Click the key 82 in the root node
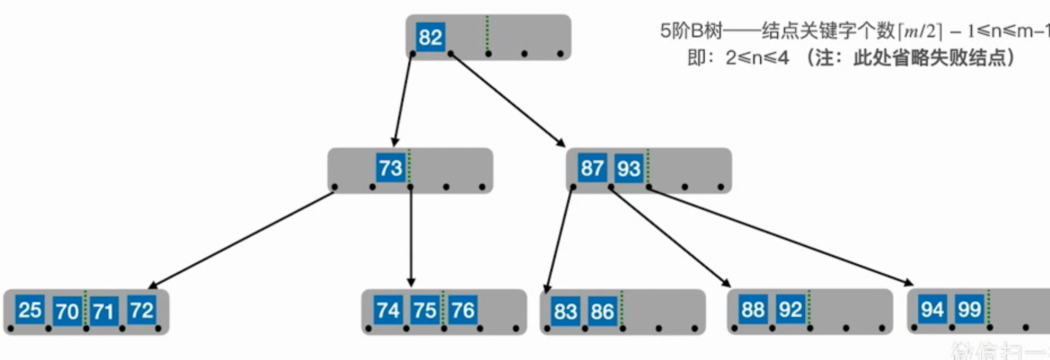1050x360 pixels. [x=430, y=37]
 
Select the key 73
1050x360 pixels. [x=390, y=167]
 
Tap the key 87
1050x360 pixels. [x=591, y=167]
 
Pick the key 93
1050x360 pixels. [x=628, y=168]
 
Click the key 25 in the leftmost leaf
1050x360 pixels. [x=30, y=309]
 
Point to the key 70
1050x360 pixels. [x=67, y=311]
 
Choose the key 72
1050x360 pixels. [x=141, y=310]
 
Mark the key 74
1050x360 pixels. [x=388, y=310]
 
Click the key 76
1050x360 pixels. [x=462, y=310]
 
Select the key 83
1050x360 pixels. [x=565, y=311]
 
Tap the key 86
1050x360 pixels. [x=602, y=311]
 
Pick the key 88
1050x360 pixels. [x=753, y=309]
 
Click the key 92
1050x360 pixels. [x=790, y=309]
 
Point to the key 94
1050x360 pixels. [x=932, y=309]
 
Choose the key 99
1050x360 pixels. [x=969, y=309]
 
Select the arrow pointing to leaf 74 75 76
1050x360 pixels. [x=411, y=236]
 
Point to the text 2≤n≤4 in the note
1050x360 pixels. [x=757, y=58]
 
